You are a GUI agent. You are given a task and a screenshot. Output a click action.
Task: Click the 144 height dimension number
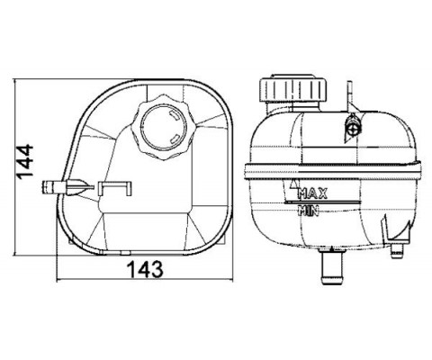coord(25,161)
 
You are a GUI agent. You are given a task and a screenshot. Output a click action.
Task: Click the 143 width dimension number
coord(146,269)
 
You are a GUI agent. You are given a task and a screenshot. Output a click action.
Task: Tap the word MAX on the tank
coord(312,193)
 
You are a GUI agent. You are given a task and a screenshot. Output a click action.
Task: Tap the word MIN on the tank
coord(308,211)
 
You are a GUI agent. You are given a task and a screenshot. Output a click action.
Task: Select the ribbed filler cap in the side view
coord(292,89)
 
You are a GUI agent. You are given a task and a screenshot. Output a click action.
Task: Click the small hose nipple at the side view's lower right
coord(397,251)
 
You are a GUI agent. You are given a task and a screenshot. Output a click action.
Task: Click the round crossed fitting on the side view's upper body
coord(354,129)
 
